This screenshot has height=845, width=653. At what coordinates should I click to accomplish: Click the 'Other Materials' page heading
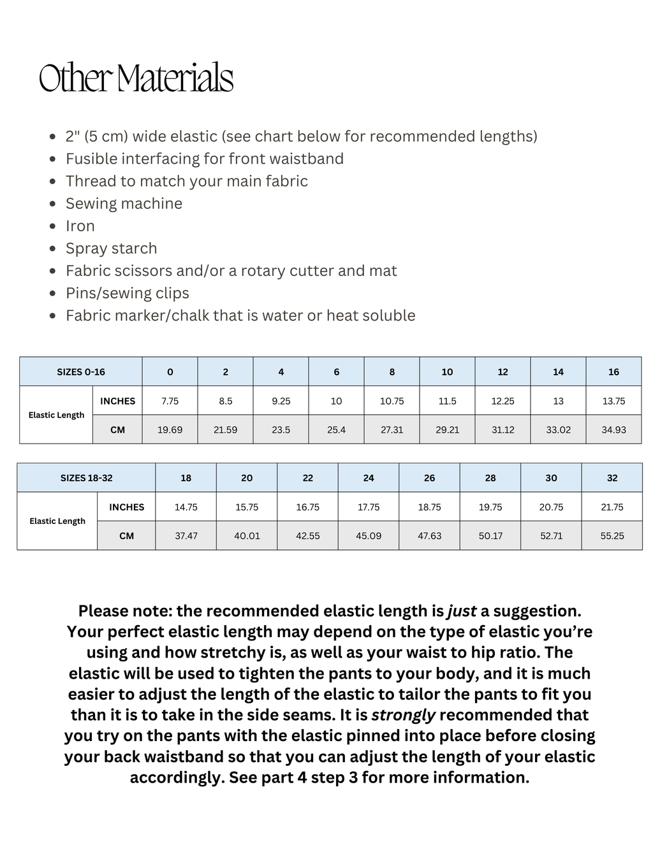[x=136, y=78]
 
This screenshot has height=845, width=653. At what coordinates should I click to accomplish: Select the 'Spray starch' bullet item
[x=111, y=249]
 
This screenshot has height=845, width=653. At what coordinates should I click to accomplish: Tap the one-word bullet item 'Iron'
[x=80, y=226]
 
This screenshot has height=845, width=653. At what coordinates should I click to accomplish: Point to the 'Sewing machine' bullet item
[x=124, y=204]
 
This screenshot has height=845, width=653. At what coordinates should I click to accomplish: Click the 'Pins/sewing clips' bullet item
[x=128, y=293]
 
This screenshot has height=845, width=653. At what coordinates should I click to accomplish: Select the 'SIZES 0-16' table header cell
[x=81, y=372]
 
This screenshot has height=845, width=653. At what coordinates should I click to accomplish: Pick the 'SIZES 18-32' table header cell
[x=86, y=478]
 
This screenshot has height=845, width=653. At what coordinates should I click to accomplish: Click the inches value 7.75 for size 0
[x=170, y=401]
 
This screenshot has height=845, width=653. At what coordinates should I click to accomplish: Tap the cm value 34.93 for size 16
[x=613, y=430]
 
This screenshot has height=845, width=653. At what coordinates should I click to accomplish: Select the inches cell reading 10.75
[x=392, y=401]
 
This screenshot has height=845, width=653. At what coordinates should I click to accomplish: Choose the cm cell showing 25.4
[x=336, y=430]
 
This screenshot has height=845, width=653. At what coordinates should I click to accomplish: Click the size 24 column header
[x=369, y=478]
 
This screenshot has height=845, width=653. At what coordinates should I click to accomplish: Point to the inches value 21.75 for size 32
[x=612, y=507]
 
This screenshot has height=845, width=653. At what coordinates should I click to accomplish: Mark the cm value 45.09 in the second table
[x=369, y=536]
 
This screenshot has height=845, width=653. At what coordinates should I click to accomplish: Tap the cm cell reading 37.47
[x=186, y=536]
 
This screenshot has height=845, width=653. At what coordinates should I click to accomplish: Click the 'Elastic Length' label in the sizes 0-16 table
[x=56, y=415]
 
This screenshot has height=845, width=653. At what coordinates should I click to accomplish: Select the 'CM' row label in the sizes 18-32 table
[x=126, y=536]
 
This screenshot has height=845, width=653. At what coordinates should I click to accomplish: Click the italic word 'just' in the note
[x=462, y=611]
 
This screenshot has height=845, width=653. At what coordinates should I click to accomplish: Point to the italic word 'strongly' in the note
[x=403, y=715]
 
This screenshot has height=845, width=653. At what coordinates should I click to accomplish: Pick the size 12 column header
[x=503, y=372]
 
